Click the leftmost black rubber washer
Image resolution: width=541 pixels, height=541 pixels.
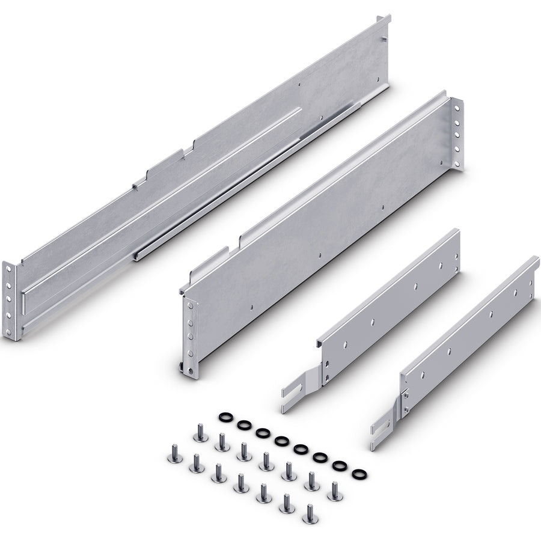[x=225, y=417]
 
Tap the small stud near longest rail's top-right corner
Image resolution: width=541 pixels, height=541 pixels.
[x=382, y=39]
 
